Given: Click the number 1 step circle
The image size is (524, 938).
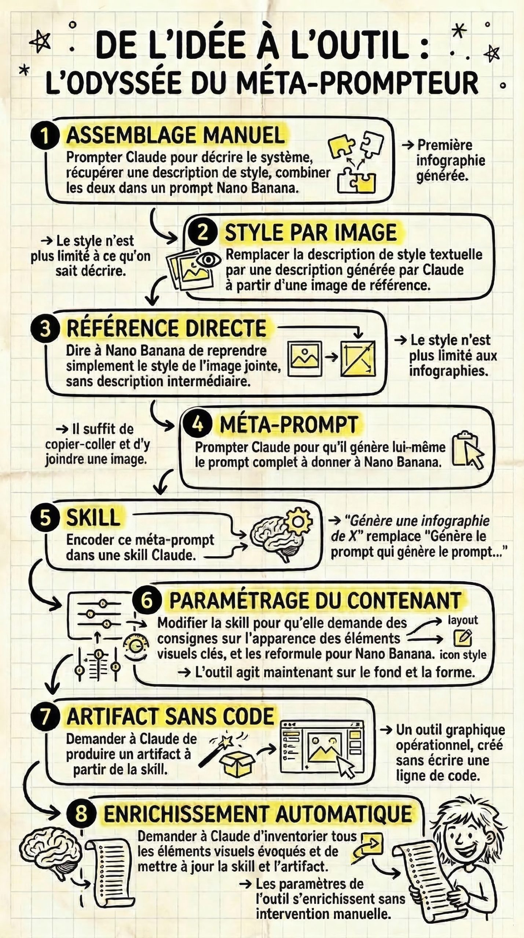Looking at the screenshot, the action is point(45,136).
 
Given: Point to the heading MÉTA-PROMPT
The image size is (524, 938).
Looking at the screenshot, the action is point(289,425).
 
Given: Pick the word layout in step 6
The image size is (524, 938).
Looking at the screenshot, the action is point(463,620).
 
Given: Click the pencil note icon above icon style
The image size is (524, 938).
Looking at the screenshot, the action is point(463,638).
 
